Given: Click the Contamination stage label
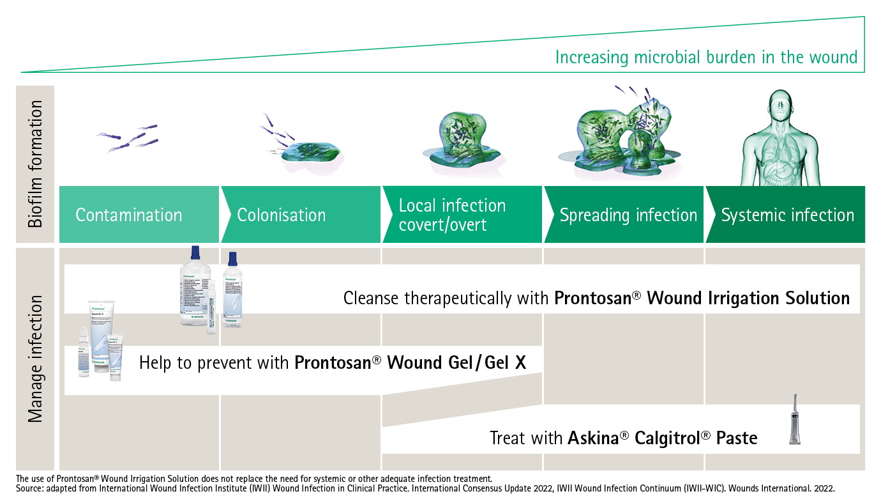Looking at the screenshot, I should pos(128,215).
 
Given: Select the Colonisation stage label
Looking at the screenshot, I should pos(281,215).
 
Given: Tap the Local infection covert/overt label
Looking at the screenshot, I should pos(452,215).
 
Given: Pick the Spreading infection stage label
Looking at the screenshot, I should pos(628,215).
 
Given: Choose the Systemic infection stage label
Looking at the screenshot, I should pos(787,215).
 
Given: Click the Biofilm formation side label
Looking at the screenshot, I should pos(36,164).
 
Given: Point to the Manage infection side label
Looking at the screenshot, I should pos(36,358).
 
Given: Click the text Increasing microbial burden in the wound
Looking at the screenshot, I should pos(706,58).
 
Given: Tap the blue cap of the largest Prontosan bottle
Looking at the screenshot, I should pos(195,252).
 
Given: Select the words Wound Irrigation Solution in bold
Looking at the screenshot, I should pos(748,298).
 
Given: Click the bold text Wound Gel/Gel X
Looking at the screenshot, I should pos(456,363).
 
